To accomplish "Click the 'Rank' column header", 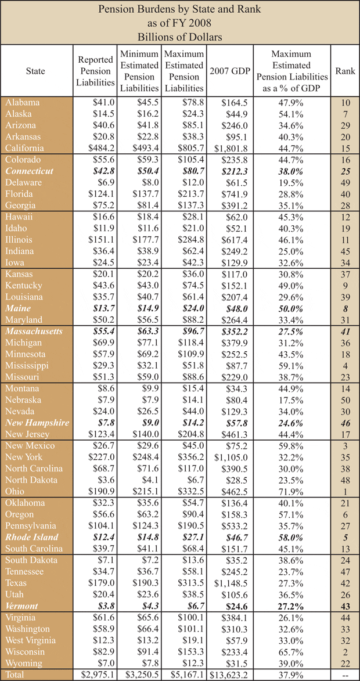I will click(341, 71).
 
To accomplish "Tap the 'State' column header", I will click(36, 71).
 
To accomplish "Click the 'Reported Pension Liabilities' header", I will click(95, 71).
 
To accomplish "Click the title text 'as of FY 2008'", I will click(180, 22).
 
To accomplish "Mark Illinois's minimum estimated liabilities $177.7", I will click(139, 239).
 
